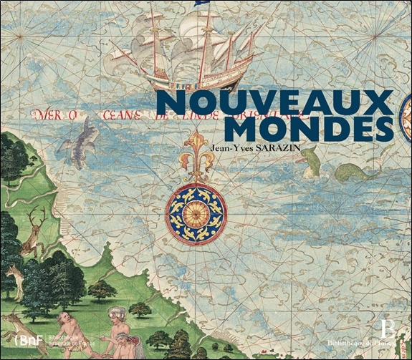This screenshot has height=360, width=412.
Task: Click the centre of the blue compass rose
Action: point(196,213)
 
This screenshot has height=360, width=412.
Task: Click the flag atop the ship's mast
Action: point(200,4)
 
